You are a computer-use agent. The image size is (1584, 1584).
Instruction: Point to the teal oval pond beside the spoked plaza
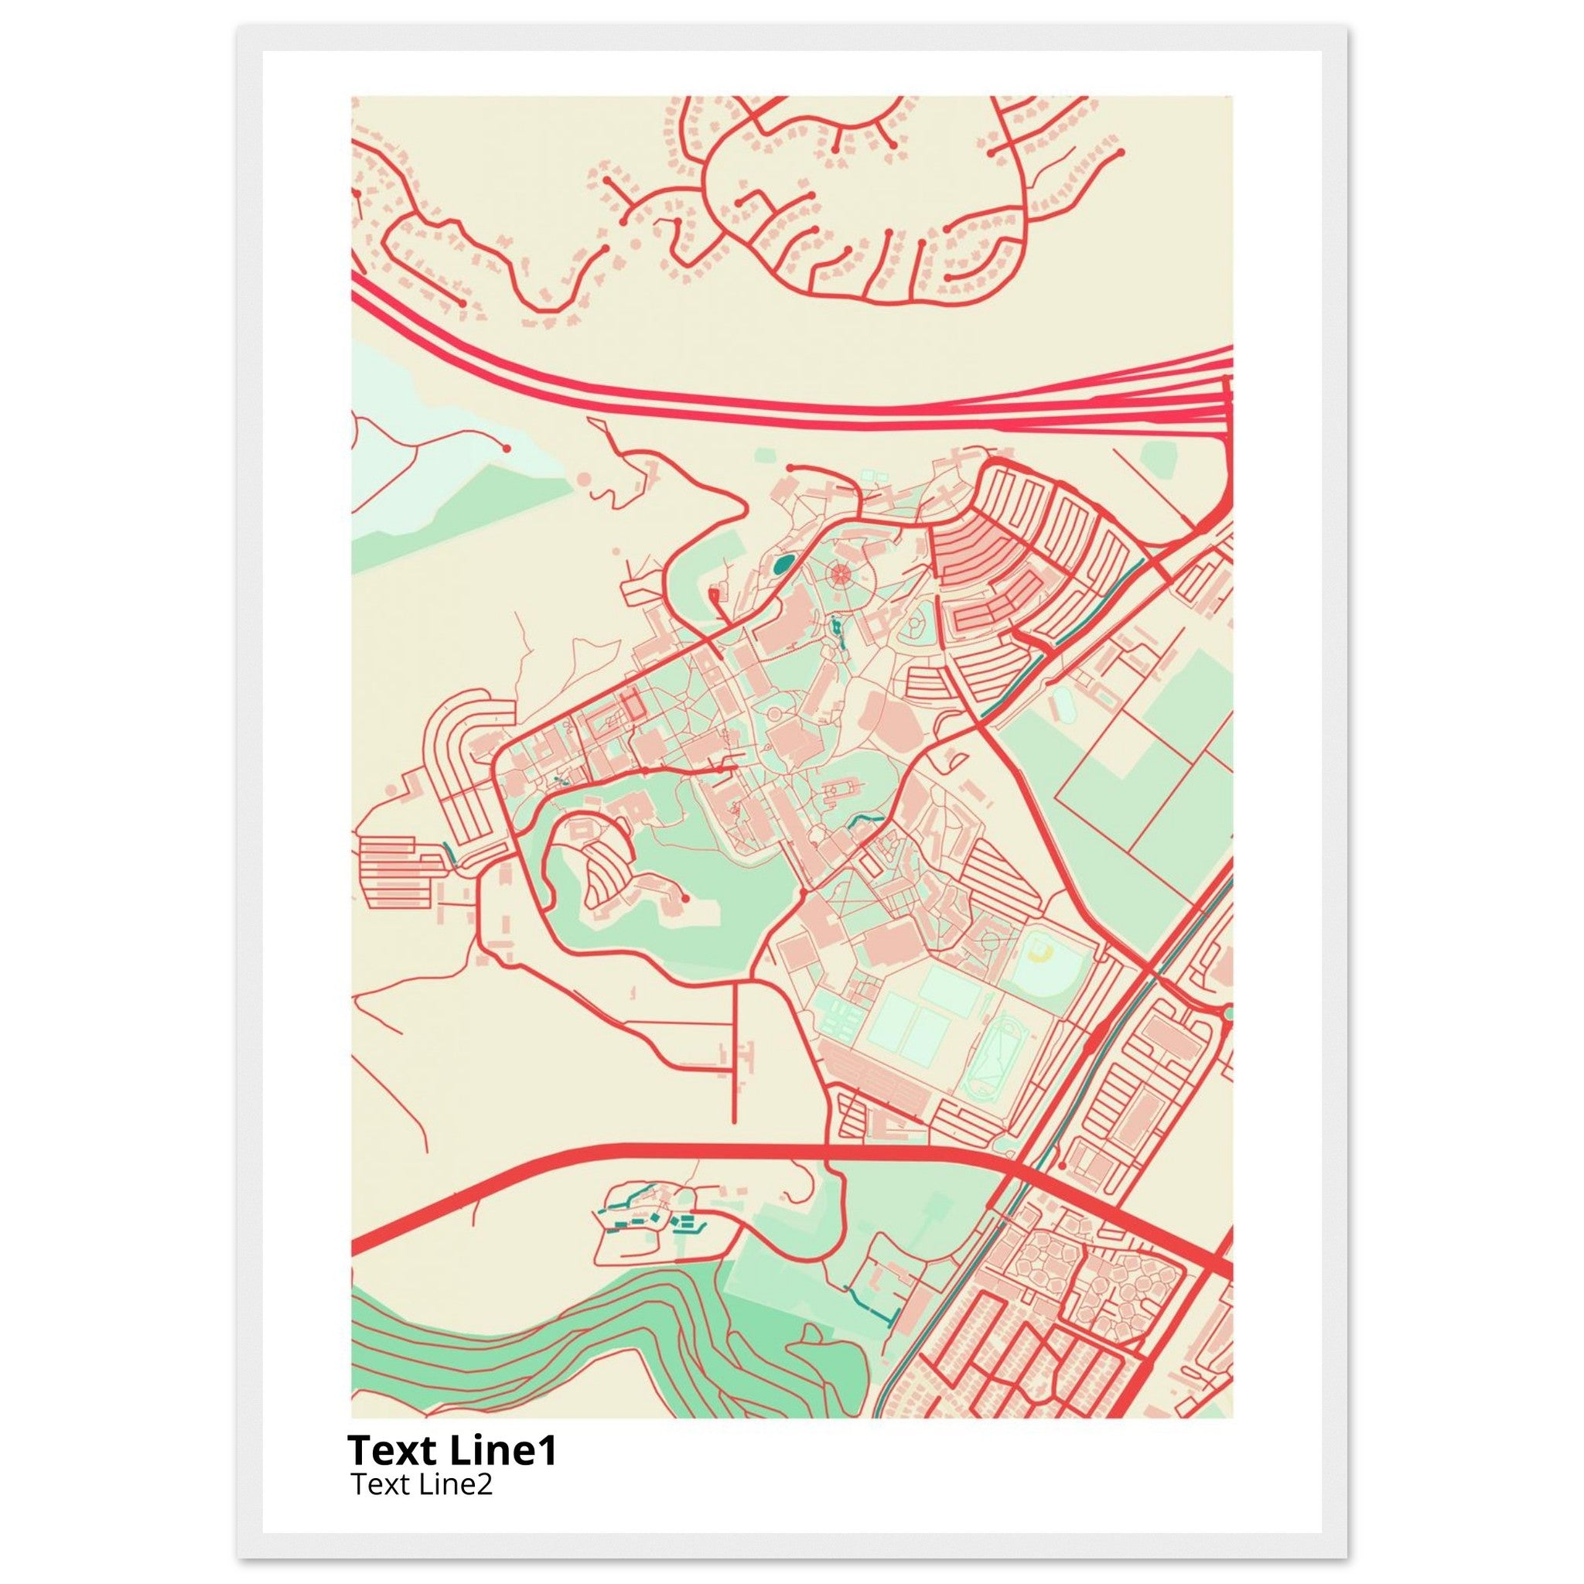(x=782, y=563)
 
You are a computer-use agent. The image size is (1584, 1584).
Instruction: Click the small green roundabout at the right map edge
(x=1227, y=1014)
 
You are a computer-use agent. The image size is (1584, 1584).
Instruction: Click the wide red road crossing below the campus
(x=656, y=1155)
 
